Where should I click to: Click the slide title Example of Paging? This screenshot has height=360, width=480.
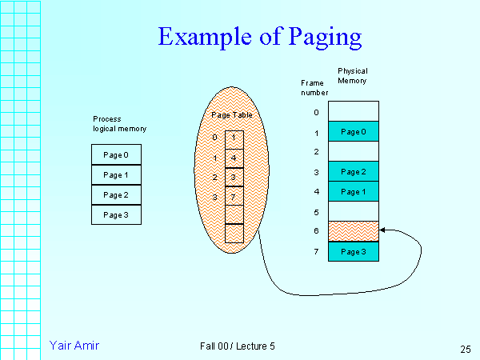pos(260,37)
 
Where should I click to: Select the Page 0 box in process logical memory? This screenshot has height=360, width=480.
pos(116,154)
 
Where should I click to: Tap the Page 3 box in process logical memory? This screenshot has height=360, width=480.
pos(116,214)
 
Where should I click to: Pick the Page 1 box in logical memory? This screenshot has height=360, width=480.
pos(116,174)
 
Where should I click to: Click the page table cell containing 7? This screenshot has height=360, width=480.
pos(233,197)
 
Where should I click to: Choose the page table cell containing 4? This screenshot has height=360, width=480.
pos(233,158)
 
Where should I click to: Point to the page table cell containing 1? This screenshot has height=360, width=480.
pos(233,138)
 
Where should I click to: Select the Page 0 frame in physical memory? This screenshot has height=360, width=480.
pos(353,131)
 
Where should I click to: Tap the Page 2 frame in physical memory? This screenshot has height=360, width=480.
pos(353,171)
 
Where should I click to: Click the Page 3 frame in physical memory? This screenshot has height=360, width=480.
pos(353,251)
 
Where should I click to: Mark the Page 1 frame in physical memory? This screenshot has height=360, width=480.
pos(353,191)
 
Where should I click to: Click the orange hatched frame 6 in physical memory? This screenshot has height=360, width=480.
pos(353,230)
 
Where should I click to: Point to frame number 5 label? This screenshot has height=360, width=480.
pos(316,212)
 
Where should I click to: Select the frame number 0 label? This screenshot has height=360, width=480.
pos(316,112)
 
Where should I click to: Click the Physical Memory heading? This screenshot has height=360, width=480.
pos(353,76)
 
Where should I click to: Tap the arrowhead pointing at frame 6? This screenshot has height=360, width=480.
pos(382,230)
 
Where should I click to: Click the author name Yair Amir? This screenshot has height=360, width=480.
pos(74,346)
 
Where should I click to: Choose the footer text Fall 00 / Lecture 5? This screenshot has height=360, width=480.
pos(238,346)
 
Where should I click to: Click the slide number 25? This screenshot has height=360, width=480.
pos(465,349)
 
